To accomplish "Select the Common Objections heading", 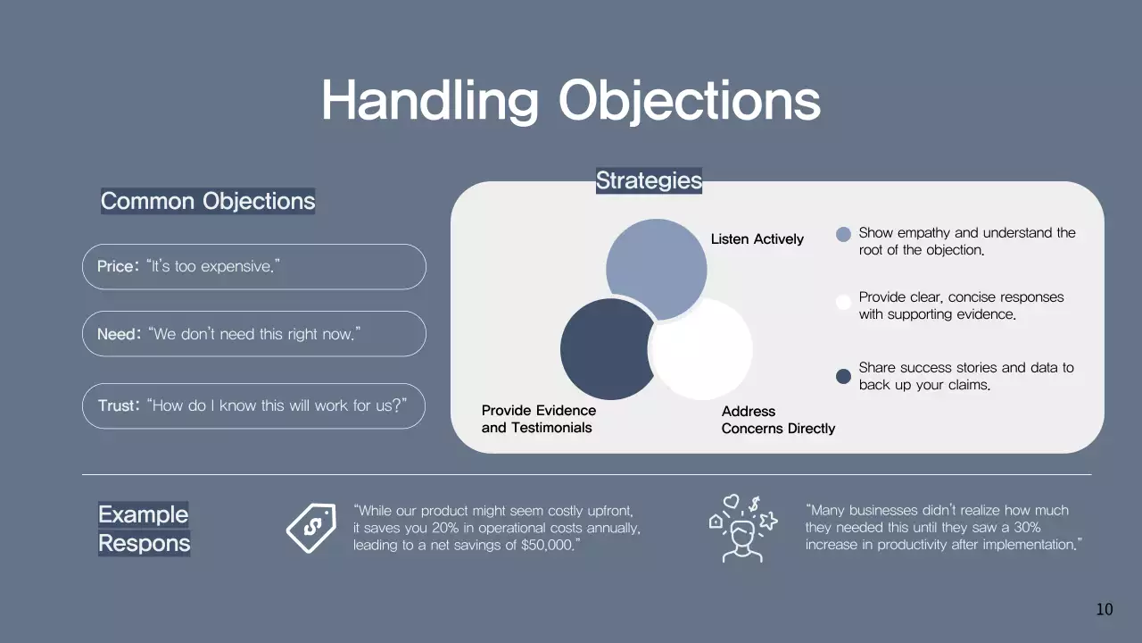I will pos(208,201).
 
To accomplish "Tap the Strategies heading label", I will pos(649,180).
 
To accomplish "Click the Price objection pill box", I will pos(254,267).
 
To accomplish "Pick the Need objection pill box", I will pos(254,334).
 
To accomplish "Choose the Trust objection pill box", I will pos(254,405).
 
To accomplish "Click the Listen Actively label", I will pos(757,239).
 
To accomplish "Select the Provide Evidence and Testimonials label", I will pos(538,419).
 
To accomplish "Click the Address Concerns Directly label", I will pos(778,420).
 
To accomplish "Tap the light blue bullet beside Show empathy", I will pos(843,235).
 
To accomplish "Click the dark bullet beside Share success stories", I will pos(843,376).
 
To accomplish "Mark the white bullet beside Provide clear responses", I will pos(843,302).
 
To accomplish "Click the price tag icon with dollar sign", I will pos(310,527).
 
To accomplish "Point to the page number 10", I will pos(1105,609).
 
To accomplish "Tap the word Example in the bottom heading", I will pos(144,514).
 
